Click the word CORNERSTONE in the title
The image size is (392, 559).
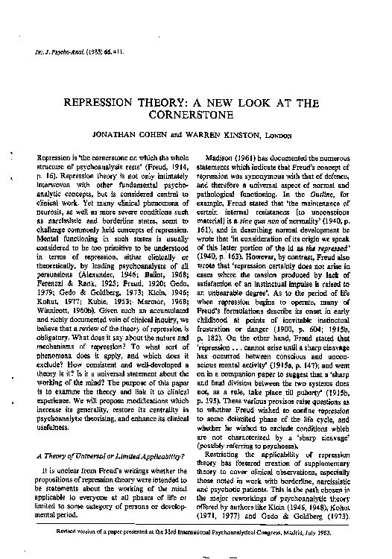click(x=197, y=116)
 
